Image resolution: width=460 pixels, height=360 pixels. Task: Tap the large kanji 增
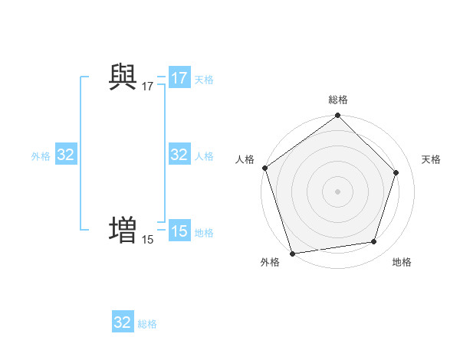click(x=123, y=229)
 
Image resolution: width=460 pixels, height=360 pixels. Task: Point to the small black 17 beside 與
click(x=147, y=87)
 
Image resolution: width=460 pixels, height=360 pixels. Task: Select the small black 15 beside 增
click(x=147, y=240)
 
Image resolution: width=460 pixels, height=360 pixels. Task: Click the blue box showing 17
click(x=179, y=78)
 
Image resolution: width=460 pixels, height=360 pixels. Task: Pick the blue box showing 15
click(x=179, y=231)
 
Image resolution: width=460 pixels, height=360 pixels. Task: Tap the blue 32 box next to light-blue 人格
click(x=179, y=155)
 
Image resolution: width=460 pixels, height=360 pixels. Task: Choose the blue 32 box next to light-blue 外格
click(x=66, y=155)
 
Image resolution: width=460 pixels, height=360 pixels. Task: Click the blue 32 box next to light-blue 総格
click(x=123, y=322)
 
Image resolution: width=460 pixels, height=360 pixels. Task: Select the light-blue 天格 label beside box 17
click(x=204, y=80)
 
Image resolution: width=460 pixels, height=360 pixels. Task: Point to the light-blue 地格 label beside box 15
click(x=204, y=233)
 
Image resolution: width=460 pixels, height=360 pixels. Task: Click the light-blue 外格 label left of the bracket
click(x=41, y=156)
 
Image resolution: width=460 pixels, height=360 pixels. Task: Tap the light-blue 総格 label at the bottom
click(x=147, y=324)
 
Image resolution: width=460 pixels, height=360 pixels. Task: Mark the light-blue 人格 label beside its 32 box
click(x=204, y=156)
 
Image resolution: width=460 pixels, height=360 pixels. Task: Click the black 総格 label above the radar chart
click(x=338, y=100)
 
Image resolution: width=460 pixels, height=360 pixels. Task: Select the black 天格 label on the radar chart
click(x=431, y=159)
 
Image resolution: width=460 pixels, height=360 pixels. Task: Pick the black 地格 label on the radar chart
click(x=402, y=263)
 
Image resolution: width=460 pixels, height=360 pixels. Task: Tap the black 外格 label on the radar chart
click(x=270, y=263)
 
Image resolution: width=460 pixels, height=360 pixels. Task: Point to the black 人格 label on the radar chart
click(x=245, y=159)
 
